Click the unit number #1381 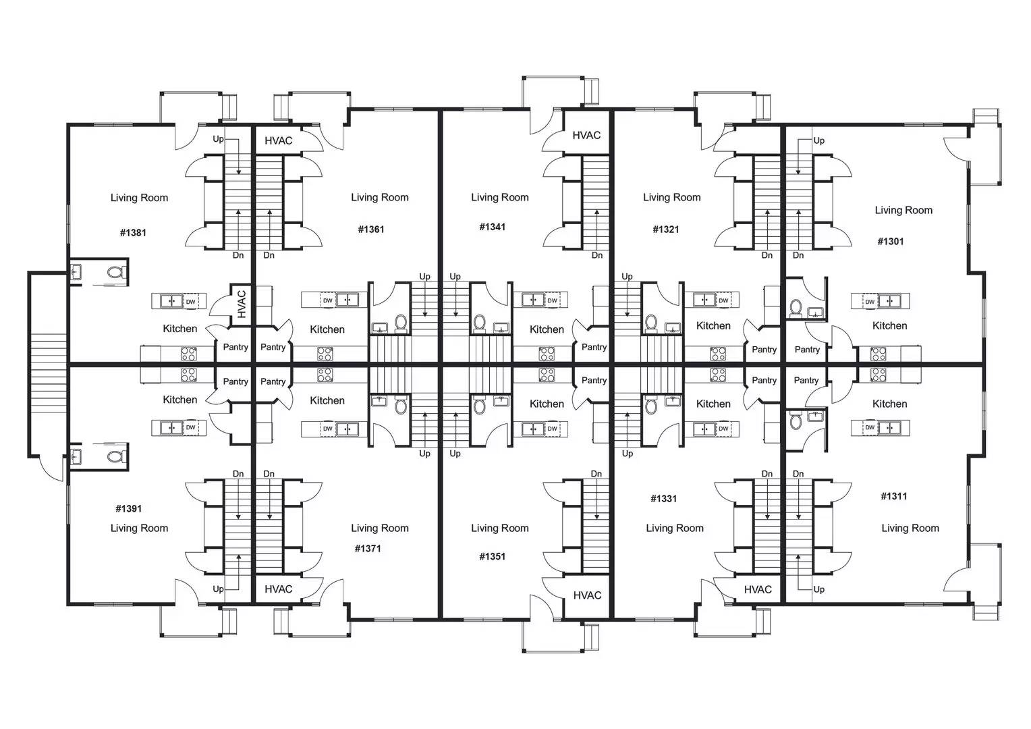coord(133,233)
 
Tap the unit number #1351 coord(492,556)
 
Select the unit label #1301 coord(890,241)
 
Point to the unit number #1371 coord(368,549)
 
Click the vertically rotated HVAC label coord(242,304)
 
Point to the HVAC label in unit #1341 coord(586,136)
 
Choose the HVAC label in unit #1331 coord(758,589)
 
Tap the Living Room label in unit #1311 coord(910,529)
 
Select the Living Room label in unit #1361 coord(380,198)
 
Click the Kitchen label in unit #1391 coord(180,400)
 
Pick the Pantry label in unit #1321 coord(764,350)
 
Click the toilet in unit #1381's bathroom coord(115,272)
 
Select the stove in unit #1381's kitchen coord(189,354)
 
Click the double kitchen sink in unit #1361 coord(347,300)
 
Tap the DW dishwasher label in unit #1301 coord(870,302)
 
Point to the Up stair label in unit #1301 coord(819,140)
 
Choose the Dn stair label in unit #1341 coord(597,255)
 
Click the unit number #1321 coord(665,230)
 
